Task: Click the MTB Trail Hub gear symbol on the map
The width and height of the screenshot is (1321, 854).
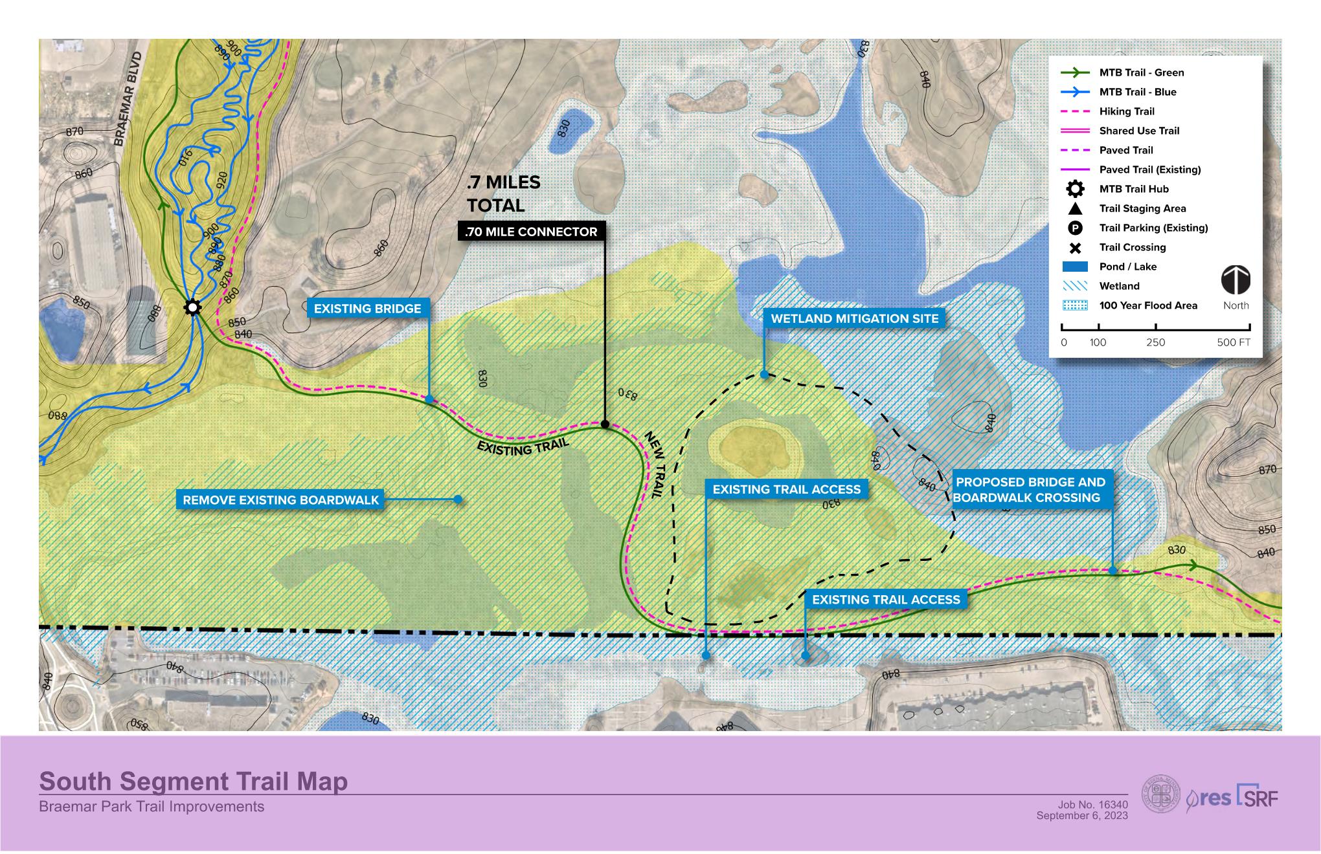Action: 192,307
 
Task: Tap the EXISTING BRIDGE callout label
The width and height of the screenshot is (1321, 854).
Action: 367,309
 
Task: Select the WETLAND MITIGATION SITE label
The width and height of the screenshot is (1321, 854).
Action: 854,318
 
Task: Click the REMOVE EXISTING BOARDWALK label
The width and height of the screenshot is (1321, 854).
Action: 280,499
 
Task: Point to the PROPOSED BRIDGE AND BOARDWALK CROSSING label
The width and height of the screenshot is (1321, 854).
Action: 1030,490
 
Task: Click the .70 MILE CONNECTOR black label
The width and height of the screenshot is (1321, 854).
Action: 531,232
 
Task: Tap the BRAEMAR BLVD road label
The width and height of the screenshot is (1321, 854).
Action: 128,100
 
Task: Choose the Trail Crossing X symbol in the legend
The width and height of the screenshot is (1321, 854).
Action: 1075,247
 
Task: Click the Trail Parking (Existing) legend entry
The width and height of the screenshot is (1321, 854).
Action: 1153,228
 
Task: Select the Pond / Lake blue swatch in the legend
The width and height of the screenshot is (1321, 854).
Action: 1075,267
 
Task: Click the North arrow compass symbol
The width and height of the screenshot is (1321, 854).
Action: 1236,280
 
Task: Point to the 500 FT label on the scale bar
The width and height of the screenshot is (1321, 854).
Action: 1234,342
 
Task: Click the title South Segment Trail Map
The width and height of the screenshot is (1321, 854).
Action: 193,781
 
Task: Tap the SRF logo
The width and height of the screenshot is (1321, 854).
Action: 1258,795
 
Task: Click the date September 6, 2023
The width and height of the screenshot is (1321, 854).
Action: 1081,816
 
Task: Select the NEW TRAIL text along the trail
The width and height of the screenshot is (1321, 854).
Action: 655,464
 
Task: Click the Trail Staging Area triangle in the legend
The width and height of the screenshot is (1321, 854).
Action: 1075,208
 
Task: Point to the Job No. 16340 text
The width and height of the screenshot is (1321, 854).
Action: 1092,805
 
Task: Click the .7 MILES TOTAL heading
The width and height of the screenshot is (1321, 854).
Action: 503,193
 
